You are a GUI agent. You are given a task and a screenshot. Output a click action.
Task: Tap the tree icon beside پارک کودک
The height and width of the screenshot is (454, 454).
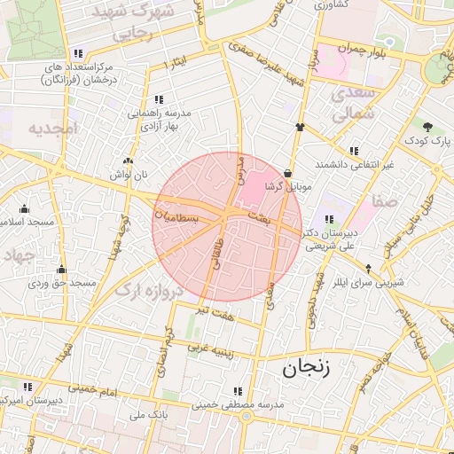click(428, 126)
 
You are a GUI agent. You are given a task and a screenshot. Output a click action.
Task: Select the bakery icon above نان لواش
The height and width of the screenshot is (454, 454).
click(129, 161)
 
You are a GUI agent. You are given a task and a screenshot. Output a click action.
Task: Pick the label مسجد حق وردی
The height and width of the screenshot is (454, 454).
click(62, 283)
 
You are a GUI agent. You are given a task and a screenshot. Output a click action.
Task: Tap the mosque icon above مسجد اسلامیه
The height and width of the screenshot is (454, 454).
click(25, 209)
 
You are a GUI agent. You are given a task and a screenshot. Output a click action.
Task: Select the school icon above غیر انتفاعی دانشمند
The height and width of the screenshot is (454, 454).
click(355, 151)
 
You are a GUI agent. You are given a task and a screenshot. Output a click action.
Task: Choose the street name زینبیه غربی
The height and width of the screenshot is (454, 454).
click(211, 348)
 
